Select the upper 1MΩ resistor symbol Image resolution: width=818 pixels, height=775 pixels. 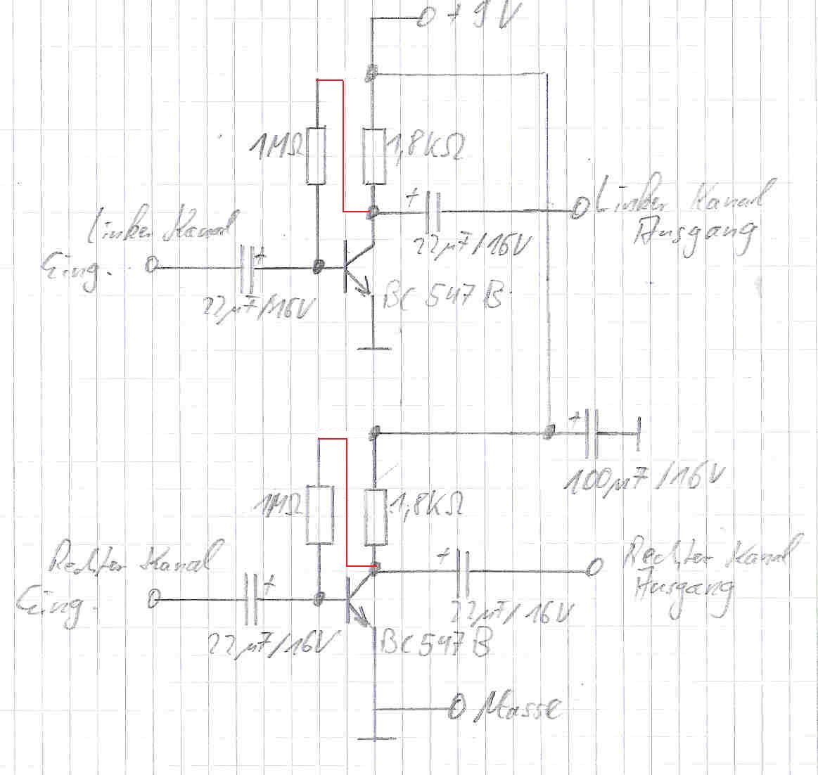click(317, 155)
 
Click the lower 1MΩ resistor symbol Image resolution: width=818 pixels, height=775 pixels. click(319, 514)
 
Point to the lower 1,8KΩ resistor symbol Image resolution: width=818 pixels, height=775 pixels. click(376, 518)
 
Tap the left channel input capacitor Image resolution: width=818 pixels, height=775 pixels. click(247, 268)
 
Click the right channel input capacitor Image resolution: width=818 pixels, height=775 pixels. click(252, 599)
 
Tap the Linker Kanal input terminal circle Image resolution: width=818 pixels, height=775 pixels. click(151, 265)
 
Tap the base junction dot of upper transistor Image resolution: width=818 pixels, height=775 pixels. click(319, 267)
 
